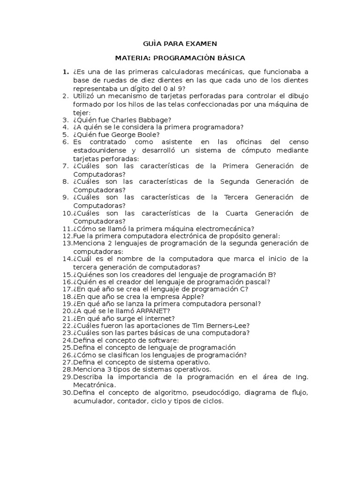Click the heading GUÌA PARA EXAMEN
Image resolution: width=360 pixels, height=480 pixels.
coord(180,44)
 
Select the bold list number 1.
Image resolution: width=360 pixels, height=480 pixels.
coord(65,72)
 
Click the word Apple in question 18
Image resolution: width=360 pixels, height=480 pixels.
coord(192,296)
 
